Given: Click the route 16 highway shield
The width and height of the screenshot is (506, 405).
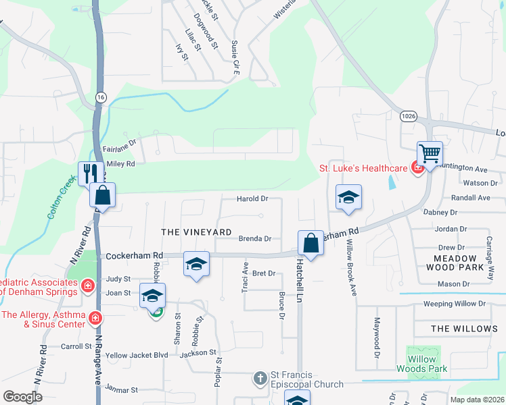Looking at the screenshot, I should click(101, 97).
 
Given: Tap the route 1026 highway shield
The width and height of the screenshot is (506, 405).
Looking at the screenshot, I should click(408, 116).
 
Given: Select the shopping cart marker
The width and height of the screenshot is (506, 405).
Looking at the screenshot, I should click(430, 154).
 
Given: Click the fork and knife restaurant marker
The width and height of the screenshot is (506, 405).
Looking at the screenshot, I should click(91, 173).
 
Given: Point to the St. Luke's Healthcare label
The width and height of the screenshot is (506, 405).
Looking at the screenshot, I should click(363, 168).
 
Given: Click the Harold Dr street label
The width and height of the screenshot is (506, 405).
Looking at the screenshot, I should click(253, 199).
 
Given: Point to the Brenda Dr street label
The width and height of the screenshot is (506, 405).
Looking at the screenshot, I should click(254, 238).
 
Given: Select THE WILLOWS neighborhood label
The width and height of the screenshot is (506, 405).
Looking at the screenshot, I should click(464, 329).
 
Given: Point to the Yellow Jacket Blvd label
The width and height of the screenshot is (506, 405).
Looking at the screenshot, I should click(136, 355).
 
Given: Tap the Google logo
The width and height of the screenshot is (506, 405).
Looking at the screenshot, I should click(22, 397).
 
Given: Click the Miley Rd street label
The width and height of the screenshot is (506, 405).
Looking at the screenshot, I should click(121, 163).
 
